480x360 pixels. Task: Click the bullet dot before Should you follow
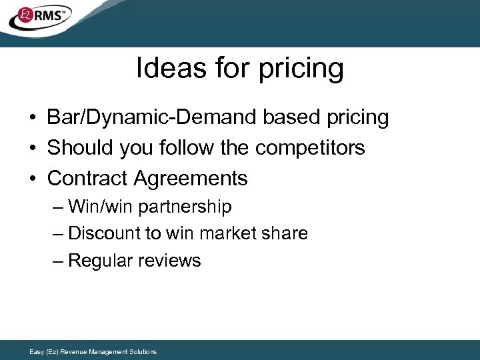click(32, 147)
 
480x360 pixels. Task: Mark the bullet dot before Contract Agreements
click(32, 178)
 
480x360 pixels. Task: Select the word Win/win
click(101, 207)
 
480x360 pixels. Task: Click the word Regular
click(99, 261)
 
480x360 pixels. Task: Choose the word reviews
click(168, 261)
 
